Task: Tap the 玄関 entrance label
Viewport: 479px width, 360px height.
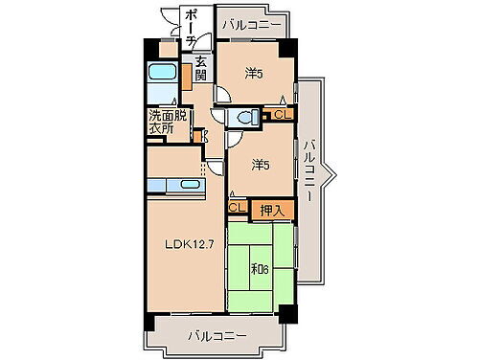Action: tap(201, 69)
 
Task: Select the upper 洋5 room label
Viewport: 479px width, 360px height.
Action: tap(253, 72)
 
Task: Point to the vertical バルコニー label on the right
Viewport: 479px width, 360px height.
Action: tap(308, 175)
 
